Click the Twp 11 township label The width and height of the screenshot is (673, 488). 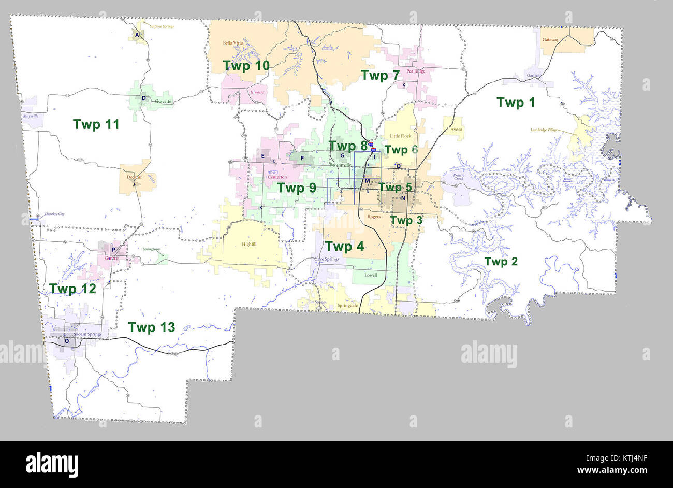[96, 124]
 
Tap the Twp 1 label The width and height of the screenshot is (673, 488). [515, 102]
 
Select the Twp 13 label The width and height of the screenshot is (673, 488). [151, 327]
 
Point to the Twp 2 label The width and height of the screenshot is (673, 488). [501, 262]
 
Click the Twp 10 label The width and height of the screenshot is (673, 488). [246, 66]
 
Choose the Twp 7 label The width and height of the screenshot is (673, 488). [381, 76]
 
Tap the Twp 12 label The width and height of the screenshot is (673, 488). [72, 289]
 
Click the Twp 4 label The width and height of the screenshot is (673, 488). [344, 247]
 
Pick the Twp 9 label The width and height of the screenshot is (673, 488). [297, 188]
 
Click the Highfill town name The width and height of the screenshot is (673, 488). [248, 245]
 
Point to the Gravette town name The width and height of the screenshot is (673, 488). [163, 102]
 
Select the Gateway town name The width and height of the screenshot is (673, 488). [550, 39]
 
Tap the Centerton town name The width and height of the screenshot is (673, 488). [277, 177]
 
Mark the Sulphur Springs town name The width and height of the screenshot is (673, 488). [162, 26]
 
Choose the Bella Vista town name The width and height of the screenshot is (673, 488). [232, 43]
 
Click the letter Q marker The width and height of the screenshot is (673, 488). [66, 341]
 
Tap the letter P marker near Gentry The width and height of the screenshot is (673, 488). [113, 250]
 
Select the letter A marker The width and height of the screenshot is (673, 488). [137, 35]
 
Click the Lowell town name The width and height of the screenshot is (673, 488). [371, 275]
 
